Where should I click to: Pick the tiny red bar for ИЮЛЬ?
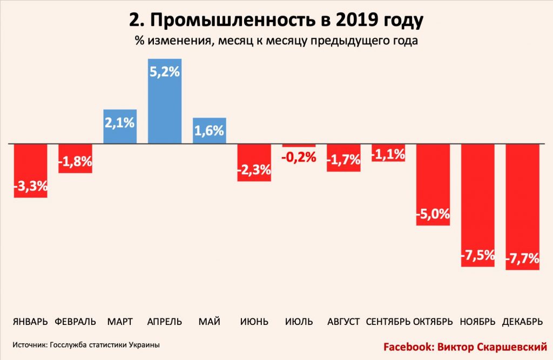[x=299, y=146]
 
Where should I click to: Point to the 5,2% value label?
[x=165, y=71]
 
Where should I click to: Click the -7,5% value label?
[x=478, y=256]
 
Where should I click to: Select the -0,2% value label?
[x=299, y=157]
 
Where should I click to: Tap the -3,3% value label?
[x=31, y=187]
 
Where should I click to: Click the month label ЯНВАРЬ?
[x=31, y=322]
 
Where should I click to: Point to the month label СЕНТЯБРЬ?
[x=388, y=322]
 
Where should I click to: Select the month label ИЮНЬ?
[x=254, y=322]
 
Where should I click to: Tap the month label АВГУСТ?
[x=343, y=322]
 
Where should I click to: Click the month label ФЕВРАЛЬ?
[x=76, y=322]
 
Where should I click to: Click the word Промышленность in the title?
[x=238, y=21]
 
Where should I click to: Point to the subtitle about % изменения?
[x=276, y=41]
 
